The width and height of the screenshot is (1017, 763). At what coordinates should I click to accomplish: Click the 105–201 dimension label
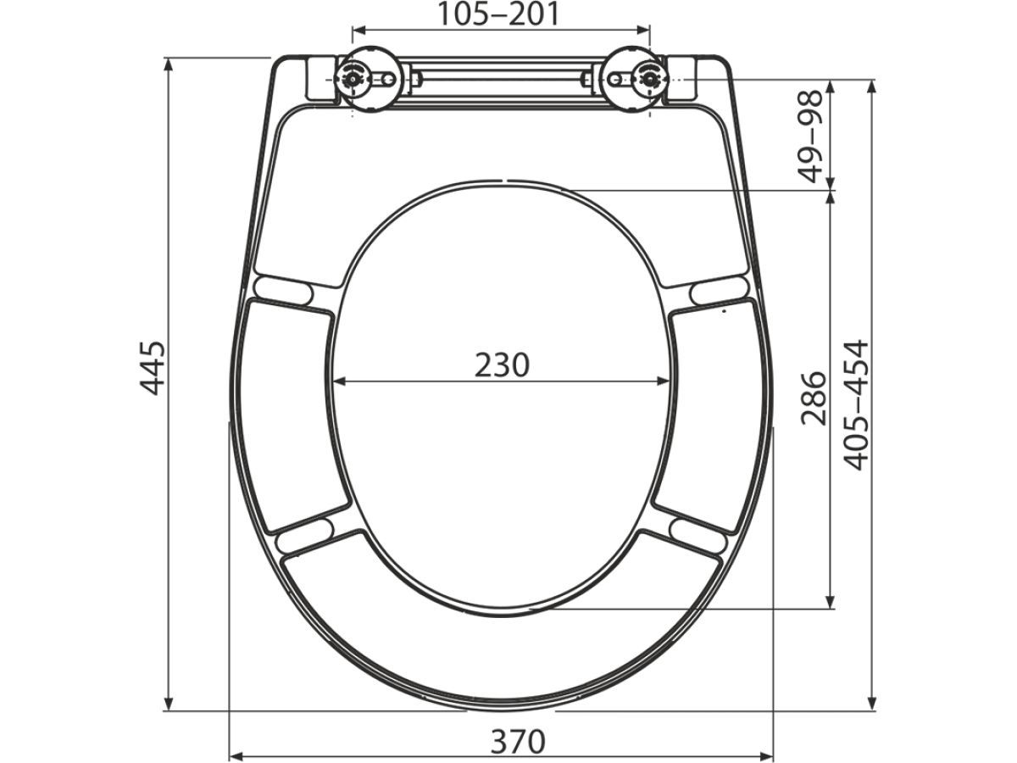[499, 14]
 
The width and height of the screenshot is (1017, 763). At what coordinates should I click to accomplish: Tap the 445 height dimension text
[153, 368]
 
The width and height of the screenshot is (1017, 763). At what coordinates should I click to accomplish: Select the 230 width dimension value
[502, 365]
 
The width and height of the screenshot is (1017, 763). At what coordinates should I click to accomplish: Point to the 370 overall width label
[518, 741]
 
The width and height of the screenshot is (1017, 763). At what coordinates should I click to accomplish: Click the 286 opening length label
[814, 398]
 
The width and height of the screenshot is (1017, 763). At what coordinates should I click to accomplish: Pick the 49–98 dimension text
[810, 136]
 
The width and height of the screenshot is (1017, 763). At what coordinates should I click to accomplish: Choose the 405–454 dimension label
[855, 405]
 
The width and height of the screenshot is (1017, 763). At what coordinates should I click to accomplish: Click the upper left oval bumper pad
[284, 291]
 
